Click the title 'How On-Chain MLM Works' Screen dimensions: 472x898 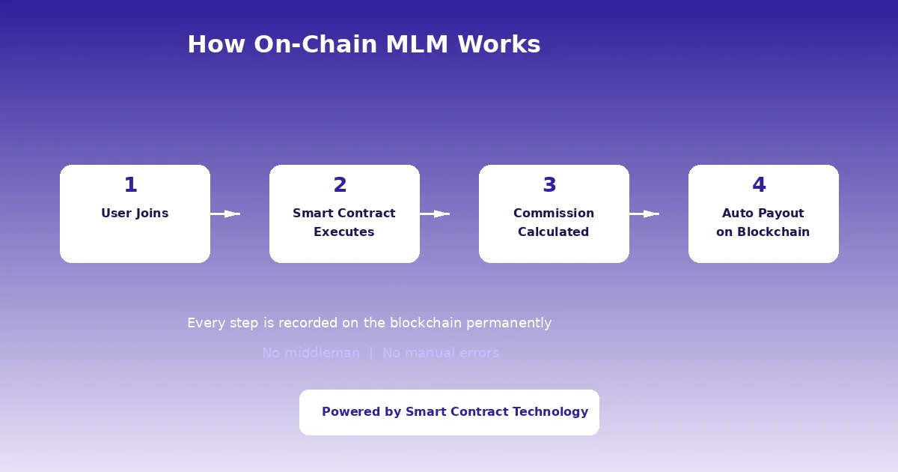point(364,44)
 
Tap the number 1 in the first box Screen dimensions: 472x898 point(130,185)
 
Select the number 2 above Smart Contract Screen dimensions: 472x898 point(340,185)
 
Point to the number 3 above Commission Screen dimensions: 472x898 point(549,185)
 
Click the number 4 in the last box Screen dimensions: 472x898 point(759,185)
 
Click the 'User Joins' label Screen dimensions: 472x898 point(135,214)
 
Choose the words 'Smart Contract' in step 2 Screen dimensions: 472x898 point(344,214)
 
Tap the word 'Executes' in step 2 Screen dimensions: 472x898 point(344,232)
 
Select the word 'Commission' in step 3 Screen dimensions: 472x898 point(554,214)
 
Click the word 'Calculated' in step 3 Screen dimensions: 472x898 point(554,232)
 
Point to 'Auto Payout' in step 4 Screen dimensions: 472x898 point(763,214)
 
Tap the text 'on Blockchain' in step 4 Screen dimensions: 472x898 point(763,232)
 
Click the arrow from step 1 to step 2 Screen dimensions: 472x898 point(225,214)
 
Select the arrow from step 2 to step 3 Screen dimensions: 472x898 point(435,214)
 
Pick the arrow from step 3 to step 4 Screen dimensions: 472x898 point(644,214)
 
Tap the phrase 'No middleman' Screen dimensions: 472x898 point(311,353)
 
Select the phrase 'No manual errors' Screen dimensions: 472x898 point(441,353)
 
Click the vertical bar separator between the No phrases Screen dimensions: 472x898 point(371,353)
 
